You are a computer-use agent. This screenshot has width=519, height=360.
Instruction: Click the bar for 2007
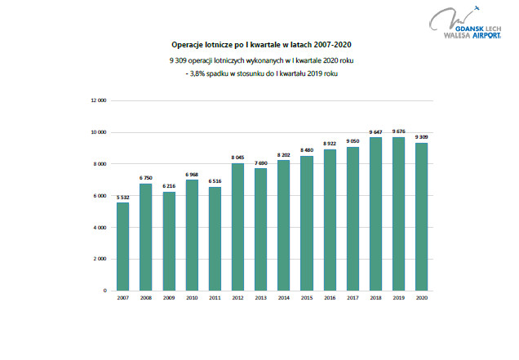tap(122, 246)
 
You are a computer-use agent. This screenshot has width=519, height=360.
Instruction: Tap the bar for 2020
tap(422, 216)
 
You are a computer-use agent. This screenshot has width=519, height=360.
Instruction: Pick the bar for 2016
tap(330, 220)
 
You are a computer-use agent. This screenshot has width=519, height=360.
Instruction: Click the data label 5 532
tap(122, 197)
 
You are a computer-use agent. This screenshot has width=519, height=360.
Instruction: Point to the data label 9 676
tap(399, 131)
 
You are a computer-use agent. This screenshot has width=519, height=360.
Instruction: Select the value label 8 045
tap(237, 158)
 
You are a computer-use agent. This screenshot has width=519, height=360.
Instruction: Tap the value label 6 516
tap(215, 181)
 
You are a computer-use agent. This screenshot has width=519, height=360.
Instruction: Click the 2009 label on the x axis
tap(168, 298)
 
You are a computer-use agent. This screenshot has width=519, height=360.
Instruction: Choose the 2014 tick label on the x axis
tap(283, 298)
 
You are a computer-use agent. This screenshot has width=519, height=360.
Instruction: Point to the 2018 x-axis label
tap(375, 298)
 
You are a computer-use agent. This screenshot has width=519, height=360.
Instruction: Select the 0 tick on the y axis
tap(104, 291)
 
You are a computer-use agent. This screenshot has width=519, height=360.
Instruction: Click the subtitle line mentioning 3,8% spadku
tap(259, 73)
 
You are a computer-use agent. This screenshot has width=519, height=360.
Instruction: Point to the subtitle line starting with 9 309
tap(259, 61)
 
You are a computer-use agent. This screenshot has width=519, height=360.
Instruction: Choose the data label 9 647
tap(375, 132)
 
